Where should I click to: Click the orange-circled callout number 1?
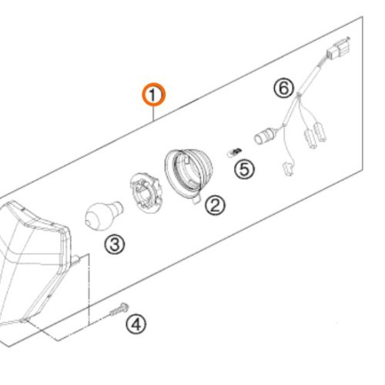(x=153, y=95)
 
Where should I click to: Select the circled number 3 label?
(x=113, y=245)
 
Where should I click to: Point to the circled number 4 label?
(x=135, y=324)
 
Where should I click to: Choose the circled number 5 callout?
(x=244, y=168)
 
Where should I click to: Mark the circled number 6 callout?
(x=284, y=89)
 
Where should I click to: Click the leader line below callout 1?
(x=154, y=113)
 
